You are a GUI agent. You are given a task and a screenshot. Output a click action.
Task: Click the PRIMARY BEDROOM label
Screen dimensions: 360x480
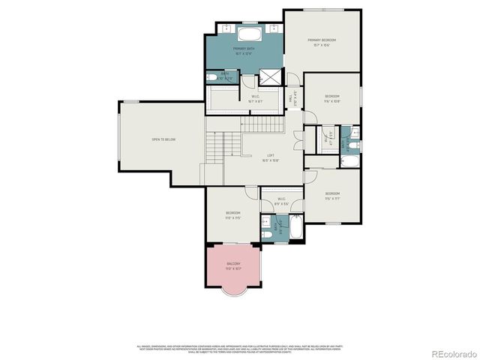point(322,40)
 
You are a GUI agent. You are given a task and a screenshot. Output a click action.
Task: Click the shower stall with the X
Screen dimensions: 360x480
point(268,77)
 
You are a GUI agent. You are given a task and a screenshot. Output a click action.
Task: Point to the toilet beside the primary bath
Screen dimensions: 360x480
point(211,78)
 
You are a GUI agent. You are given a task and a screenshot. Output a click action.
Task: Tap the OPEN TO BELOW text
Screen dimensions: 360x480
point(163,139)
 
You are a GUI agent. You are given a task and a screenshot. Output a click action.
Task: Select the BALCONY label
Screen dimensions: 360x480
point(233,265)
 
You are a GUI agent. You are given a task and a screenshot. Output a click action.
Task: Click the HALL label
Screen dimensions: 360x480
point(292,97)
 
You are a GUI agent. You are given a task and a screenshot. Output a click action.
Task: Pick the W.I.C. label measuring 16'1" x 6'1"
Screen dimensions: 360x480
point(255,97)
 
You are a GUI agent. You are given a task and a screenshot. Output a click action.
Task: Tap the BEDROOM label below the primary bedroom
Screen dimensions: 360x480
point(332,97)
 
